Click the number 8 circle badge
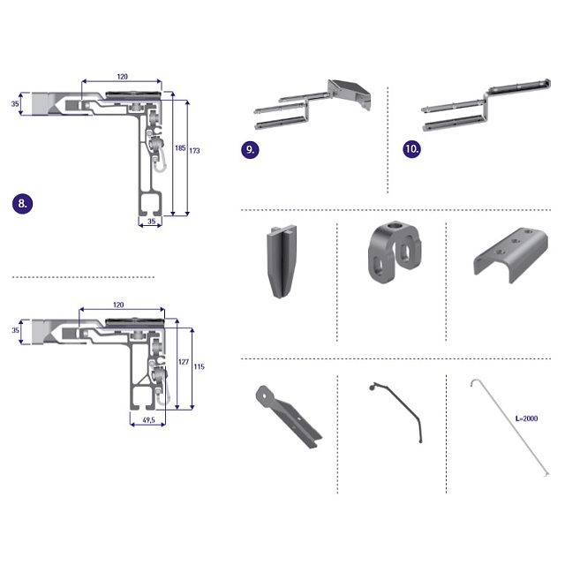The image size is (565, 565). [22, 204]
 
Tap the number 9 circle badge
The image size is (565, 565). [250, 149]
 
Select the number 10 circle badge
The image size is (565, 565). [411, 148]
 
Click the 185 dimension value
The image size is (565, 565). [180, 147]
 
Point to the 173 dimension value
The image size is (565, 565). [194, 151]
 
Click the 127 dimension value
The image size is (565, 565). [184, 362]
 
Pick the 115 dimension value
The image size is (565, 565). [199, 366]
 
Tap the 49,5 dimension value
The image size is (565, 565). [149, 420]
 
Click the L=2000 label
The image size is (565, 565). [526, 418]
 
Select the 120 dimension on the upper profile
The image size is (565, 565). [122, 77]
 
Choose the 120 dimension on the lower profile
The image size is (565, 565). [118, 305]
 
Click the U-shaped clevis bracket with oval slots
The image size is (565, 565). [395, 252]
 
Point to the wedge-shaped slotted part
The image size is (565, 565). [282, 261]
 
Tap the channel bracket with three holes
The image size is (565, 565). [510, 254]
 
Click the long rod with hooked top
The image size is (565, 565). [510, 427]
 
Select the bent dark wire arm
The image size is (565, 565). [396, 412]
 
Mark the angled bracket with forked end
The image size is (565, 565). [289, 417]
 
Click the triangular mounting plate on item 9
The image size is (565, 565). [349, 93]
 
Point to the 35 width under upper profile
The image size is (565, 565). [152, 221]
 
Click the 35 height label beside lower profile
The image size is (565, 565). [15, 330]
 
